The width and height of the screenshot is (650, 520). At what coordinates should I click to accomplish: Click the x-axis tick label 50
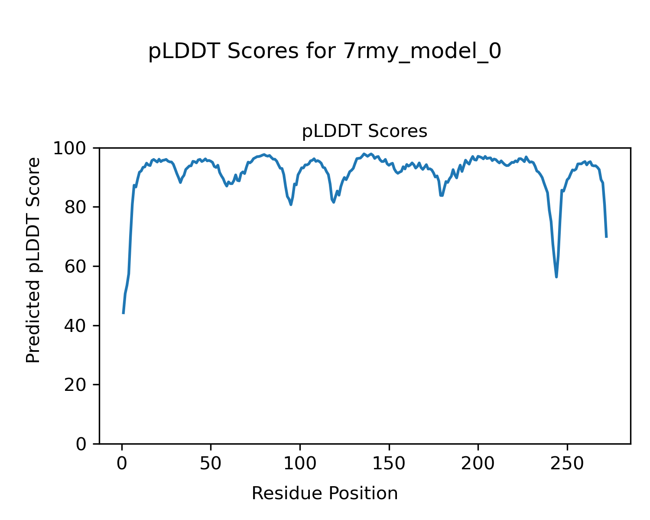211,464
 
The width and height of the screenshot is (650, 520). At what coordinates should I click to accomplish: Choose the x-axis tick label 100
299,464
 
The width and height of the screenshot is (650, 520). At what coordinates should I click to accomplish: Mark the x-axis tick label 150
389,464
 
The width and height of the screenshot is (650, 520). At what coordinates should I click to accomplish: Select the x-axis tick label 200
478,464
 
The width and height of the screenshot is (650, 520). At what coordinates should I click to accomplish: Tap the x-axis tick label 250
567,464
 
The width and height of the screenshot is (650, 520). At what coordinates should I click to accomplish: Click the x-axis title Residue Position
325,494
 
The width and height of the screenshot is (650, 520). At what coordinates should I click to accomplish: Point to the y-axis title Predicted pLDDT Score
33,260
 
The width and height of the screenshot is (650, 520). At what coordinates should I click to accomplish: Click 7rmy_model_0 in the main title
422,52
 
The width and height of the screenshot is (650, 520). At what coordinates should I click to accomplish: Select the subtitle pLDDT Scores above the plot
364,131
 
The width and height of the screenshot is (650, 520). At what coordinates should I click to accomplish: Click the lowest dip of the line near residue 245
556,277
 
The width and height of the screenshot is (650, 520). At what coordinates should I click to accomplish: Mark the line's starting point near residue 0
123,313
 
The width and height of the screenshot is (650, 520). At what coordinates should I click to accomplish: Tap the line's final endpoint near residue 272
606,237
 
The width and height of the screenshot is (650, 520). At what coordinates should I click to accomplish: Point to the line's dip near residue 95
291,205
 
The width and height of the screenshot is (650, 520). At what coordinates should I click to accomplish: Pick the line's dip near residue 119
334,202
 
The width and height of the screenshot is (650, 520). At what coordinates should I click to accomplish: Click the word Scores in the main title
263,52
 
